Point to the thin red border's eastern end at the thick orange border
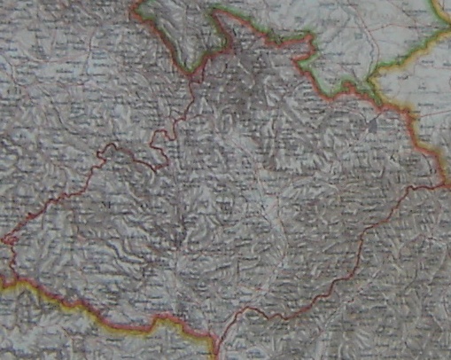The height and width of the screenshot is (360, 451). click(440, 185)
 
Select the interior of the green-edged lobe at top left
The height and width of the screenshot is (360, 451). click(177, 31)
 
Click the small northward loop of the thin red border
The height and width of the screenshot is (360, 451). click(110, 148)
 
